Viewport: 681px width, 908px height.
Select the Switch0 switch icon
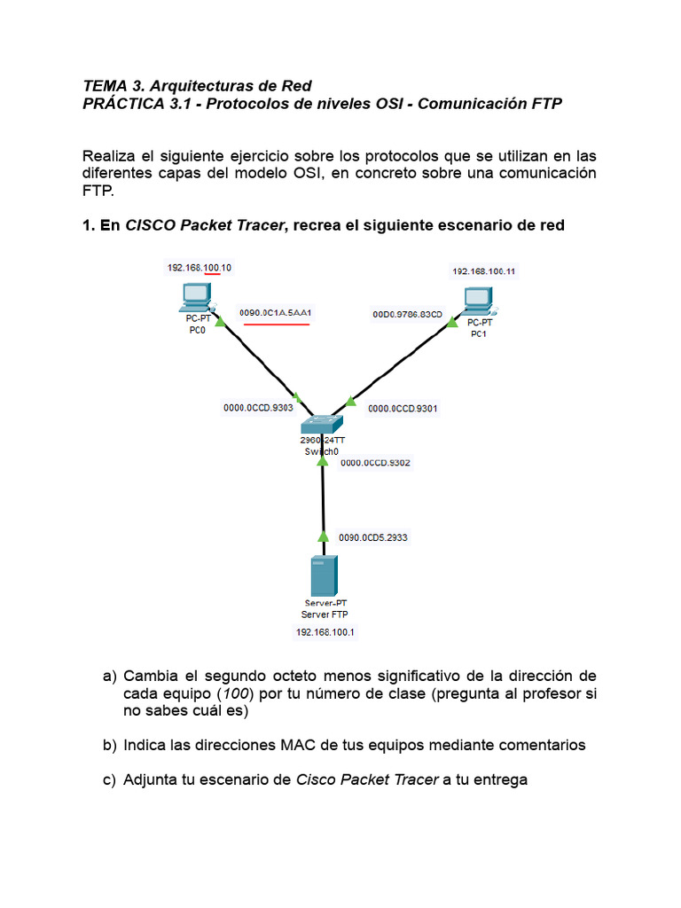tap(320, 425)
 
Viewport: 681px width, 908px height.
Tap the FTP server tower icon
tap(322, 577)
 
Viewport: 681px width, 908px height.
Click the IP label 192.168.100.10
tap(199, 267)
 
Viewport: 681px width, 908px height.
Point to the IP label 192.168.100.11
tap(484, 271)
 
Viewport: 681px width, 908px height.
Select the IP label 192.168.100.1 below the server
tap(324, 632)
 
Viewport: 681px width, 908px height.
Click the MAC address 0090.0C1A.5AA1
tap(277, 313)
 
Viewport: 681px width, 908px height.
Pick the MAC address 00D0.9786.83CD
tap(407, 313)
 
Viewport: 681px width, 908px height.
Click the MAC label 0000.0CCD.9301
tap(403, 409)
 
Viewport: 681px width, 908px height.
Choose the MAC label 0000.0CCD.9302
tap(376, 462)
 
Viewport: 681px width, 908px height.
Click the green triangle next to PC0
tap(219, 319)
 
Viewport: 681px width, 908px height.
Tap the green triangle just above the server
tap(324, 536)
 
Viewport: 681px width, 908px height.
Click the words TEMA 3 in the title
tap(112, 86)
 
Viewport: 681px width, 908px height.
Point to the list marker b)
tap(110, 745)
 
